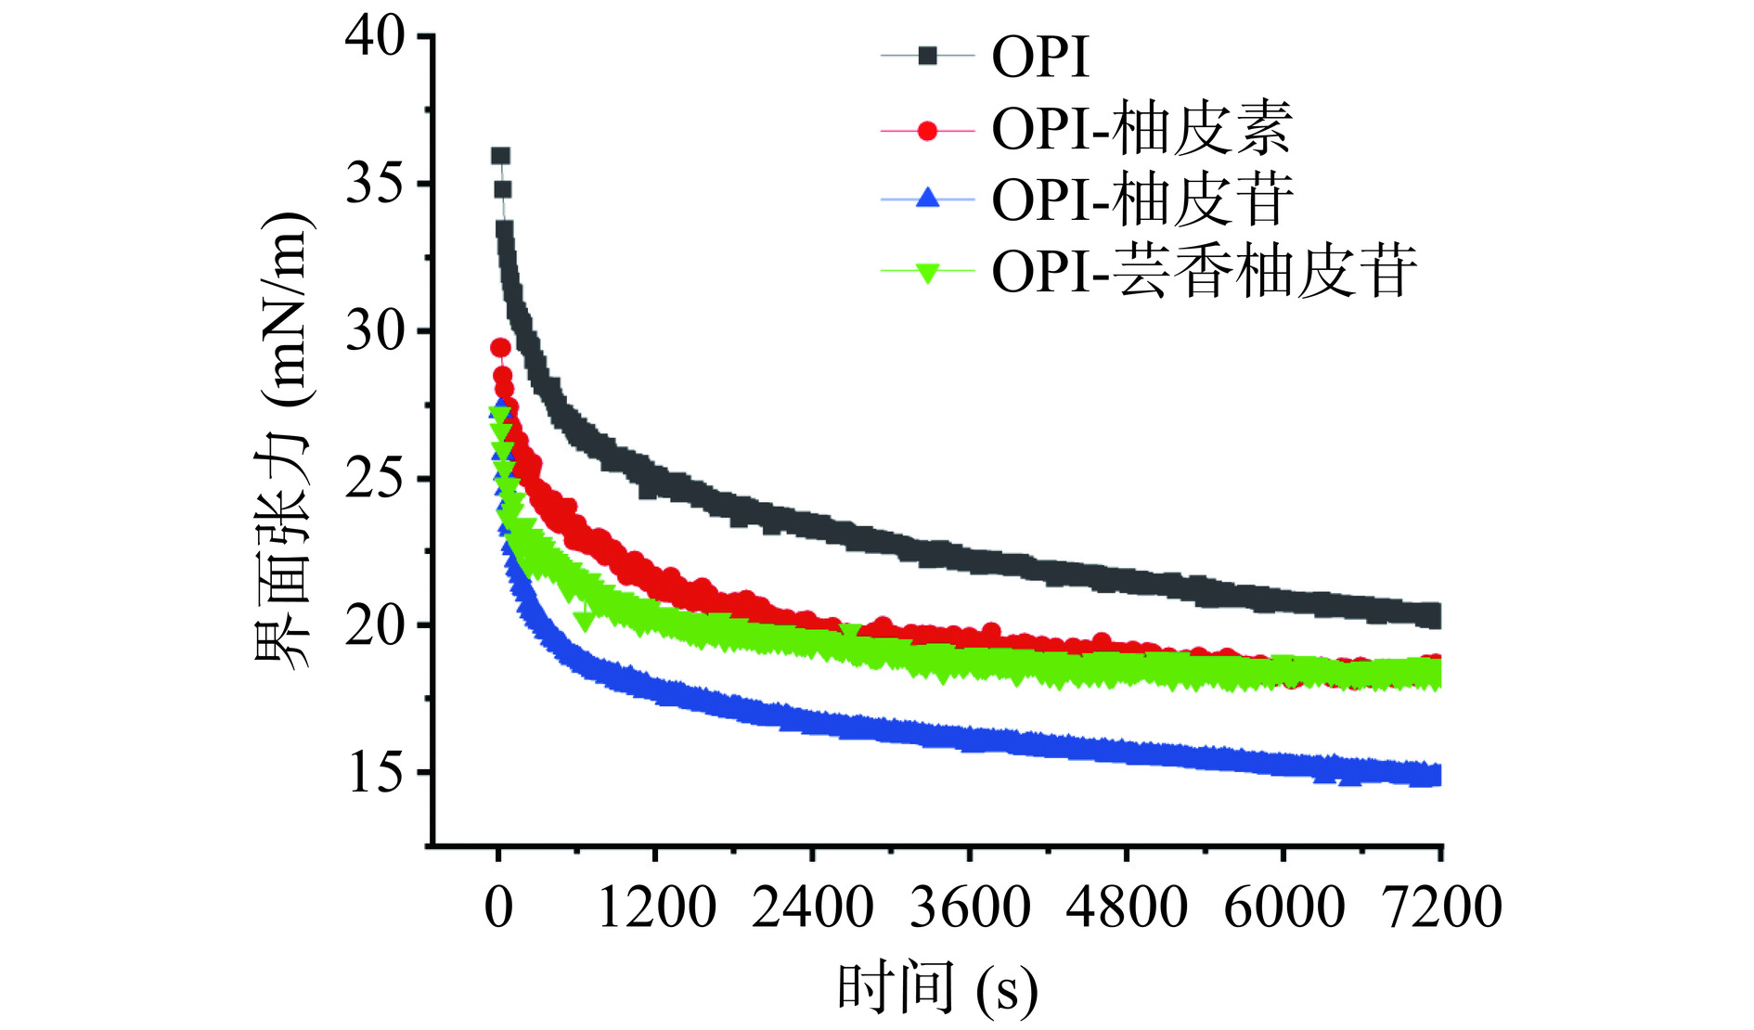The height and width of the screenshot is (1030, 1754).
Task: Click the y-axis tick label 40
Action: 375,37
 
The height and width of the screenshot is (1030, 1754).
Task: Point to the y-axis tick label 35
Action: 375,185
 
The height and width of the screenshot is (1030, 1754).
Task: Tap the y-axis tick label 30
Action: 375,331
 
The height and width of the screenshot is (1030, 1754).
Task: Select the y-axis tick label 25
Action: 375,479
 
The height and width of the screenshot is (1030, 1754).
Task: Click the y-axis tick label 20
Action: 375,626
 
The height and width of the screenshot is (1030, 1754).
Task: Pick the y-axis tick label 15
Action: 375,773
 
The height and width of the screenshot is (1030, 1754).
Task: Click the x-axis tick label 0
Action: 498,907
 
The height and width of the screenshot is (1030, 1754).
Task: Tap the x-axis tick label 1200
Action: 656,907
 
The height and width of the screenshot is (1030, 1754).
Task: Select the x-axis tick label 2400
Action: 813,907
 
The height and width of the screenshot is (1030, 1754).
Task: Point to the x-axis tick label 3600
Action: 970,907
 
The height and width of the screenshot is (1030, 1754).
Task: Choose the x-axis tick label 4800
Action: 1127,907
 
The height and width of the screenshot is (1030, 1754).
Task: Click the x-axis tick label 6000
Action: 1283,907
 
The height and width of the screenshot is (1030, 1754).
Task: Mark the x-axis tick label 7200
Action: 1441,907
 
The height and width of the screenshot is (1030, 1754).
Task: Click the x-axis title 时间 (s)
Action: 937,987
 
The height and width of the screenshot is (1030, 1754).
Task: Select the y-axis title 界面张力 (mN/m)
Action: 283,441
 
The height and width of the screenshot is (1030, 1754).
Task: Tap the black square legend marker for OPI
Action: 927,57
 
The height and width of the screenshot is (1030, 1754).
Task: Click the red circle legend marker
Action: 927,130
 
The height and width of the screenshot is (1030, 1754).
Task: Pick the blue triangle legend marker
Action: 927,199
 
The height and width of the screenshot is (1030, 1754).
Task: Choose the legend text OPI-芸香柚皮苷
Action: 1205,271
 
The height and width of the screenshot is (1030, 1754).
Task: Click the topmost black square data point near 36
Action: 500,156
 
